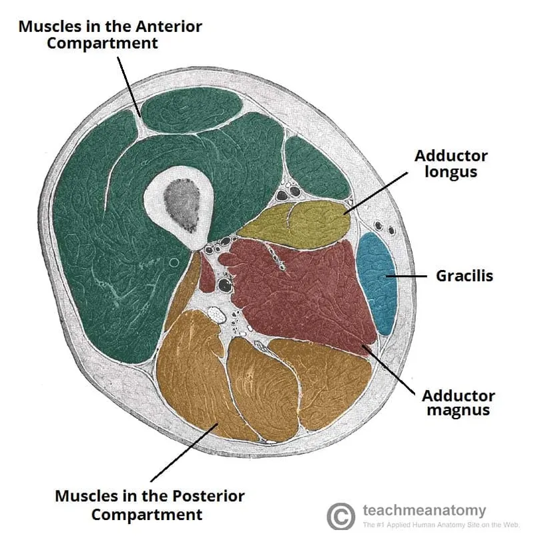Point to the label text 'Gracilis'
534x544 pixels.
[x=465, y=275]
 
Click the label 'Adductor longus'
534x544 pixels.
[x=451, y=163]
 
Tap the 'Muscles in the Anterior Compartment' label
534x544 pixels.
[x=110, y=35]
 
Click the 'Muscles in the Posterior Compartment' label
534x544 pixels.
[x=150, y=505]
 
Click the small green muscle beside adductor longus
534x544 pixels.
[x=316, y=167]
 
